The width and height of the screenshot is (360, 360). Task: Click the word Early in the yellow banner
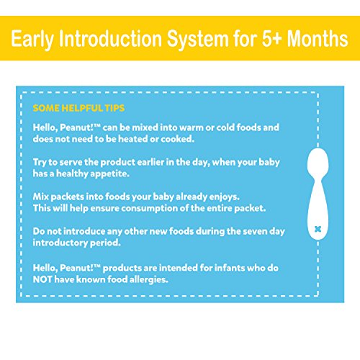[x=32, y=39]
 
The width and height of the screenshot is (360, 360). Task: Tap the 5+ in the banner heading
[x=271, y=38]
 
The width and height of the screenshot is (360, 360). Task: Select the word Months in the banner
[x=318, y=38]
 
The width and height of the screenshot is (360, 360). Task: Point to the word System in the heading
[x=198, y=40]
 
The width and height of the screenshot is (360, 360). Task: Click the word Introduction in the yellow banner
[x=110, y=38]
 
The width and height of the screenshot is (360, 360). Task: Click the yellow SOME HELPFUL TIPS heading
[x=78, y=108]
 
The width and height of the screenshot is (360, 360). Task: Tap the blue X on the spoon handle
[x=318, y=229]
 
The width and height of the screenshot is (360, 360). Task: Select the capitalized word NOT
[x=42, y=279]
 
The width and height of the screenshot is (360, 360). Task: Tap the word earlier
[x=150, y=162]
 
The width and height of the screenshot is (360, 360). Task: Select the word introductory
[x=60, y=243]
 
